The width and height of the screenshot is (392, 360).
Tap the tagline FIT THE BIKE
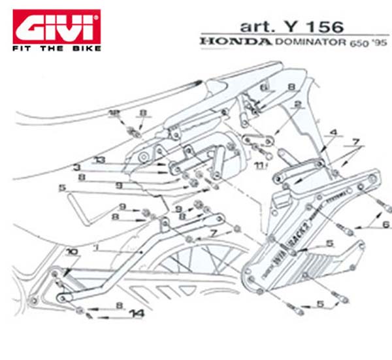57,48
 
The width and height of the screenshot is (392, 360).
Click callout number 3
76,167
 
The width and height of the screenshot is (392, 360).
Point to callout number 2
297,104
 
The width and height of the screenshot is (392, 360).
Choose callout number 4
333,133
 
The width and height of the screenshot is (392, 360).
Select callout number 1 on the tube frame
96,248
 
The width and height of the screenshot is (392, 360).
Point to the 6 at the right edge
385,225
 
